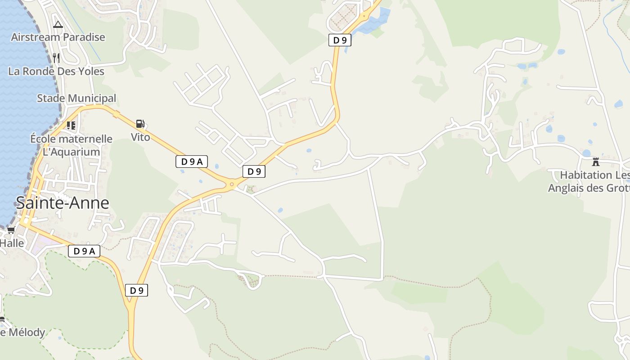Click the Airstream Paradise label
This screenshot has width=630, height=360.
(58, 37)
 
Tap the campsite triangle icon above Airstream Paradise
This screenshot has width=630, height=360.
(58, 25)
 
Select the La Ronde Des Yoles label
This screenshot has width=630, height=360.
(56, 72)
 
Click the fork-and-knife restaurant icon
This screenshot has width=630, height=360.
(56, 58)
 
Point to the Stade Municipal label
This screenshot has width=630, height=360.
(76, 98)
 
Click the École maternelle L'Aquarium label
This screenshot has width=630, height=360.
(71, 145)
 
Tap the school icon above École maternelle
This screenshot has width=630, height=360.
(71, 125)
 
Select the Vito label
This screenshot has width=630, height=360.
(140, 137)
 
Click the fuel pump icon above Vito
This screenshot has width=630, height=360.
(140, 124)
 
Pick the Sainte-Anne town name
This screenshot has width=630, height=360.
(63, 203)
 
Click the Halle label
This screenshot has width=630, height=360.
(12, 243)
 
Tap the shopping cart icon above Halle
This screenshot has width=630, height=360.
(11, 230)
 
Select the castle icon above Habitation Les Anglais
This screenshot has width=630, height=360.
(596, 162)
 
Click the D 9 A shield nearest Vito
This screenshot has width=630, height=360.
(192, 162)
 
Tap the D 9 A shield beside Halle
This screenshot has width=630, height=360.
(84, 251)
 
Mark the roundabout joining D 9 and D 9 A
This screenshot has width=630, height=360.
(232, 184)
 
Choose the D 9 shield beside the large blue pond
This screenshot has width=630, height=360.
(340, 40)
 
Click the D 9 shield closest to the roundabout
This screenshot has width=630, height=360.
(254, 171)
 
